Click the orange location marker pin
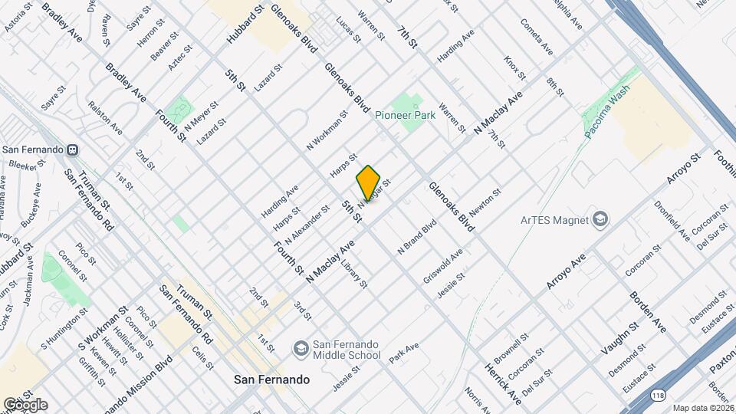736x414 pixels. [368, 182]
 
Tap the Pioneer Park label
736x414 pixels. [406, 116]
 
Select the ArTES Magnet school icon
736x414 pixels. [601, 220]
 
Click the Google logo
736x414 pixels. [25, 404]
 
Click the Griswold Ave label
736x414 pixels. [443, 266]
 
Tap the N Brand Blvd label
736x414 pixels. [416, 238]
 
